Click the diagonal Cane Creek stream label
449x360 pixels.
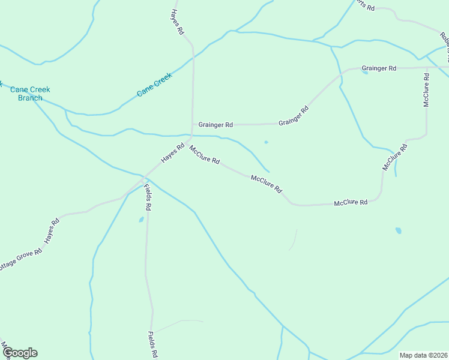(x=154, y=85)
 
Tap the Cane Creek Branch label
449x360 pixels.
(x=30, y=94)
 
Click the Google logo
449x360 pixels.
(x=20, y=353)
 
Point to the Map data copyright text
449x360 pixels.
(x=423, y=355)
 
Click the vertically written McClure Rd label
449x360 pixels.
(x=426, y=90)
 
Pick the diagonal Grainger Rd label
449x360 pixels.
(x=294, y=116)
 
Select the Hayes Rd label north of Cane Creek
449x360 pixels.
(x=176, y=22)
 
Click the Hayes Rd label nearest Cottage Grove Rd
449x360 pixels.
(x=52, y=231)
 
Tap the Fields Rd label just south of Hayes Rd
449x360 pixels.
(x=147, y=197)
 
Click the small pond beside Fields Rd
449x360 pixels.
(x=142, y=220)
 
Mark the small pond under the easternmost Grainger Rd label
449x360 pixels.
(x=365, y=73)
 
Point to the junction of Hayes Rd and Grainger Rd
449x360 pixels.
(x=192, y=125)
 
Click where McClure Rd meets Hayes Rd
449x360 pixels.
(x=191, y=137)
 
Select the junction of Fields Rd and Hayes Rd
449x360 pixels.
(x=144, y=178)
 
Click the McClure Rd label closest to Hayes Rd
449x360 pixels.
(x=205, y=155)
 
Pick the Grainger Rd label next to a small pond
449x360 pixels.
(x=379, y=68)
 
